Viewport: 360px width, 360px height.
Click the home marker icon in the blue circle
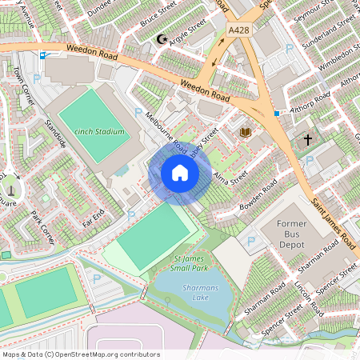180,173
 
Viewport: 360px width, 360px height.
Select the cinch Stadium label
100,131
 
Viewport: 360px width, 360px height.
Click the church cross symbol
307,139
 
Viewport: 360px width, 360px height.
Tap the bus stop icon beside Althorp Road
277,114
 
